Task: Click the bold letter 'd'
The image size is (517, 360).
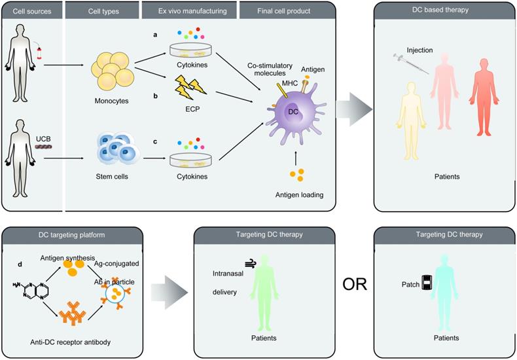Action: click(20, 264)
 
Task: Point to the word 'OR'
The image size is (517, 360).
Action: click(354, 285)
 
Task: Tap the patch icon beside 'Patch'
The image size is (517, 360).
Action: click(428, 283)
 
